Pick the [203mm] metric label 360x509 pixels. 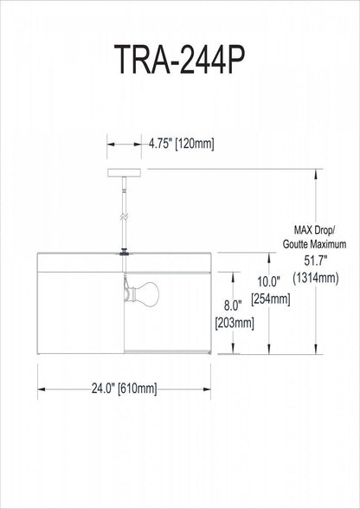(x=233, y=324)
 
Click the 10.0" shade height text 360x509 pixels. (x=270, y=281)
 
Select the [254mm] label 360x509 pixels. (x=270, y=300)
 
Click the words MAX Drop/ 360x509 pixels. (x=313, y=230)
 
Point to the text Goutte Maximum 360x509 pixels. (x=314, y=245)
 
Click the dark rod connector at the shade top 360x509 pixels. (x=125, y=253)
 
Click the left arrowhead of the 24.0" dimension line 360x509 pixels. (x=40, y=390)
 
